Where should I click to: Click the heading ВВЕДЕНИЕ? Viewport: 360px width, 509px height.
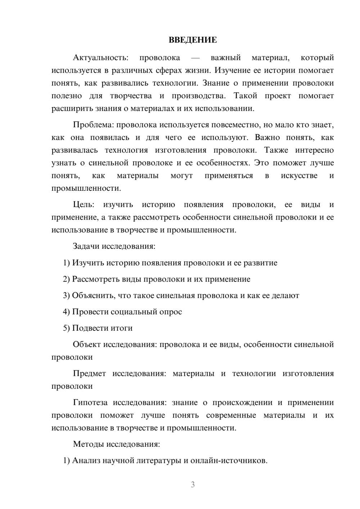tap(193, 40)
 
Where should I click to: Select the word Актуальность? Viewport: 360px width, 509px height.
tap(100, 58)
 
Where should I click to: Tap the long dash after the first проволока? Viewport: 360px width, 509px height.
tap(195, 58)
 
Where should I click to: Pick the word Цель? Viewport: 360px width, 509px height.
tap(84, 205)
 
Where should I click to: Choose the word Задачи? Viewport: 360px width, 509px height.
tap(86, 247)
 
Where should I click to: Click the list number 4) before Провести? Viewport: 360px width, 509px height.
tap(66, 312)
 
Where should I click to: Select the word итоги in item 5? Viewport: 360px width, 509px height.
tap(120, 328)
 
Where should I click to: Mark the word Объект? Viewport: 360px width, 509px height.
tap(87, 344)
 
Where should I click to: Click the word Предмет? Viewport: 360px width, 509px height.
tap(89, 374)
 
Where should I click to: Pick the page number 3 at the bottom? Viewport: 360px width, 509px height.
tap(193, 485)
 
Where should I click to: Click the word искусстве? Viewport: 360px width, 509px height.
tap(299, 176)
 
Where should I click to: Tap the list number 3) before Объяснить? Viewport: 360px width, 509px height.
tap(66, 296)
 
